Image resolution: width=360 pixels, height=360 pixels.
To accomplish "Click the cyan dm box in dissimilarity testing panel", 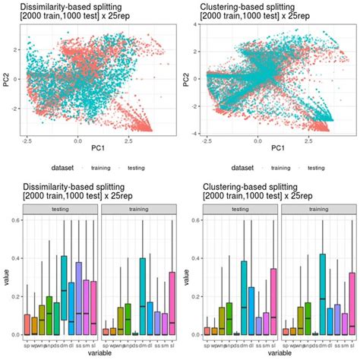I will (x=65, y=295).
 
